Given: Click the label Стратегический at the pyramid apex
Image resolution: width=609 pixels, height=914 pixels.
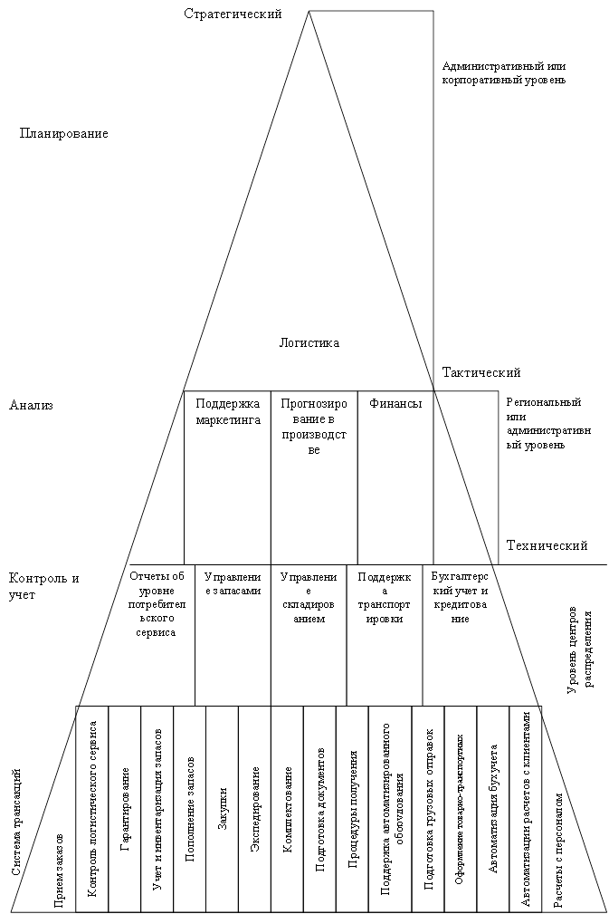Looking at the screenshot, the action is click(x=233, y=14).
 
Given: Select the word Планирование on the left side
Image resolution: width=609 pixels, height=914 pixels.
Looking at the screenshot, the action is click(x=63, y=133).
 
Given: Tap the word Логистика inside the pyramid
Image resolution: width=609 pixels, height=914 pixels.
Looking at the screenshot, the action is click(x=309, y=342).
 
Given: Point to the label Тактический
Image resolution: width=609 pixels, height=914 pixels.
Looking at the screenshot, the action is click(x=481, y=372).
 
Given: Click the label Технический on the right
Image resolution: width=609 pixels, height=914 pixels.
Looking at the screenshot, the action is click(x=547, y=545).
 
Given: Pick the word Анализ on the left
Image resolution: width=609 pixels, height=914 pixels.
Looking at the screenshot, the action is click(x=31, y=405).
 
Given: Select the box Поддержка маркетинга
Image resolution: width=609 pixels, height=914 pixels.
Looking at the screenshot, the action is click(x=227, y=411).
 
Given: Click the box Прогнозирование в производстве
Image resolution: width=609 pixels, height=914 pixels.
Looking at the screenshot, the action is click(x=314, y=426).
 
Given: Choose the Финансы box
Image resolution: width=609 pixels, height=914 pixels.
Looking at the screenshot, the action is click(x=395, y=404).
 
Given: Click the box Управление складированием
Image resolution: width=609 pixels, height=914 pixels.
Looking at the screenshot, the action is click(x=309, y=597).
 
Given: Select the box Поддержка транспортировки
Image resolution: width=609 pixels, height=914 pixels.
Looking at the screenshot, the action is click(x=385, y=597).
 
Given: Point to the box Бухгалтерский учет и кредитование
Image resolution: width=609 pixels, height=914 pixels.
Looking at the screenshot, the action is click(x=460, y=597).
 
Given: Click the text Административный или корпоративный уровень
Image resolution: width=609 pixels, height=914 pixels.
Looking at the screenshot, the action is click(x=504, y=72).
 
